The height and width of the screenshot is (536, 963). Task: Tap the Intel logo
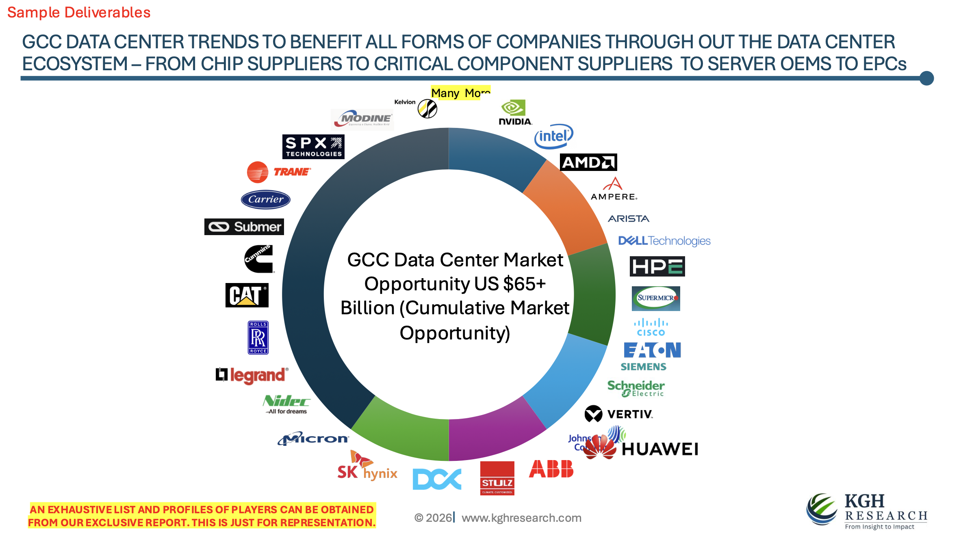553,136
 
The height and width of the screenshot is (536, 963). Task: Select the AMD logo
588,162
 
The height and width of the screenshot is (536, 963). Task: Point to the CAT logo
247,295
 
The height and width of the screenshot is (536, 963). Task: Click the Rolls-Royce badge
258,337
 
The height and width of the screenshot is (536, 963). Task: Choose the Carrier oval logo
265,199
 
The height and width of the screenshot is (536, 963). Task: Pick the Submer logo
244,227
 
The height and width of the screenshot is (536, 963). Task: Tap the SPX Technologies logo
313,147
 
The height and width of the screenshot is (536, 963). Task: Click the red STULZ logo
497,478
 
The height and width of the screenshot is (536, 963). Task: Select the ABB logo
551,469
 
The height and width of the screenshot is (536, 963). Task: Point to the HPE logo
657,266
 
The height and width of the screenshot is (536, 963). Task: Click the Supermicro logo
656,298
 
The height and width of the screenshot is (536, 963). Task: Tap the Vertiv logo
618,414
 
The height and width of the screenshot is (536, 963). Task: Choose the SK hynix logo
367,467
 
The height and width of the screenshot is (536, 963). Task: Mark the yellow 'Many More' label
460,93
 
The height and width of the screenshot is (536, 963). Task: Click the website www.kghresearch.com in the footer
521,518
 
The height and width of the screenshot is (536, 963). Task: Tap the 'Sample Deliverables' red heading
79,13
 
